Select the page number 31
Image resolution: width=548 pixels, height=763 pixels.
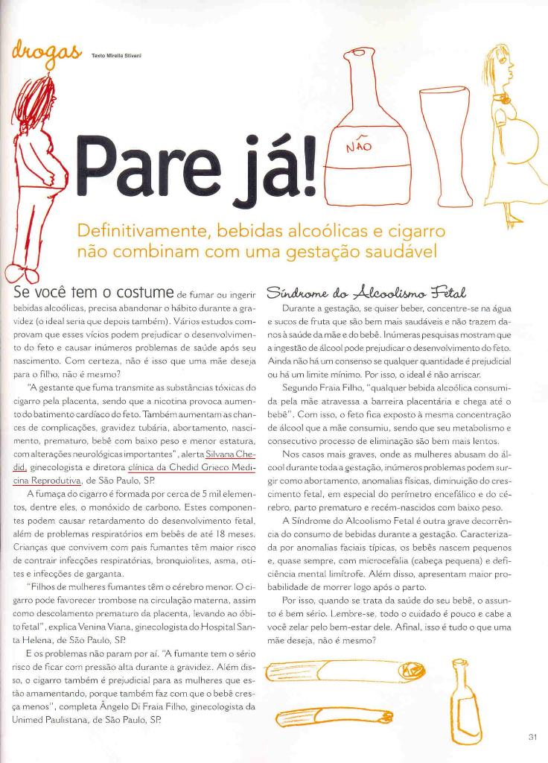(532, 738)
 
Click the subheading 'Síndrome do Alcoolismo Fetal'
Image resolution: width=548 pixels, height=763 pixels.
(357, 290)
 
